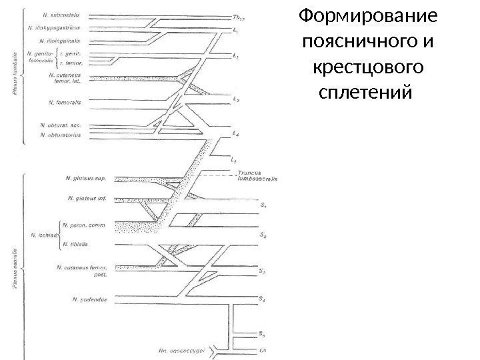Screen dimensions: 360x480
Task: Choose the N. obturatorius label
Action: (x=61, y=135)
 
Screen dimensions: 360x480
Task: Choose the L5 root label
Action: (x=233, y=160)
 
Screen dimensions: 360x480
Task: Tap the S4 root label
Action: (x=263, y=298)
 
